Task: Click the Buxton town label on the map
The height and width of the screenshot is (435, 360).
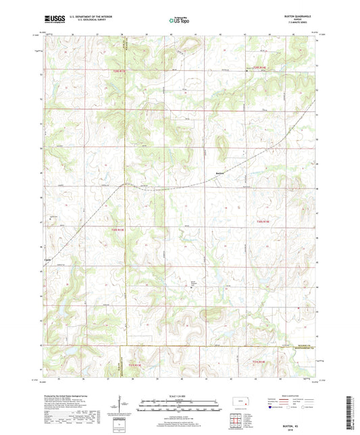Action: click(219, 173)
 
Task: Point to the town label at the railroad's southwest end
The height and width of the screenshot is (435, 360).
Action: click(47, 260)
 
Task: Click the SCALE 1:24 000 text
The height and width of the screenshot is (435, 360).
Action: click(180, 395)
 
